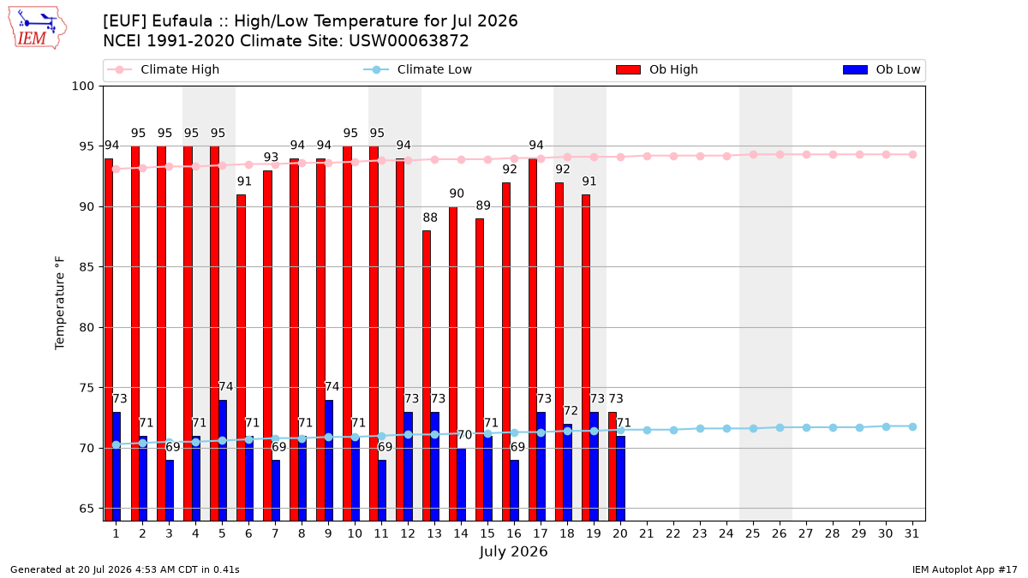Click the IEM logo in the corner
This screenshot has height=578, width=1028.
[37, 28]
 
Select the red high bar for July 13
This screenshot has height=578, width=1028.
[427, 375]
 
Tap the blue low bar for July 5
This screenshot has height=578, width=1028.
[223, 460]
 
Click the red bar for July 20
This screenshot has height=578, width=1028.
[613, 466]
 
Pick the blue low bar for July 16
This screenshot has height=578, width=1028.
[515, 491]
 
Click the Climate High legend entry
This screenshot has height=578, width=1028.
[163, 69]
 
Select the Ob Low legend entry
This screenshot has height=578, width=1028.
[882, 69]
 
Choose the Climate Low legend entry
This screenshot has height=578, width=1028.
[417, 69]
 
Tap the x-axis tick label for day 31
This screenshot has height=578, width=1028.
[911, 533]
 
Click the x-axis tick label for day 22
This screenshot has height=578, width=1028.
[673, 533]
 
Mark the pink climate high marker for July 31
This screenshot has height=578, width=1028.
[912, 155]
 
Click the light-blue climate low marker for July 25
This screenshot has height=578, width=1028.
[753, 428]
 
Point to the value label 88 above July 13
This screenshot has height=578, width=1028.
[430, 217]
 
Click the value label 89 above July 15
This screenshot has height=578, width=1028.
[483, 206]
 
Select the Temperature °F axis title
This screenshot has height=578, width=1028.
[60, 303]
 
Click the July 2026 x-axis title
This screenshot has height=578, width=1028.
[513, 551]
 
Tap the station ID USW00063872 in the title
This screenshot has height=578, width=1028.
[409, 41]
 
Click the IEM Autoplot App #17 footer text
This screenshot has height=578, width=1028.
[965, 569]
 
